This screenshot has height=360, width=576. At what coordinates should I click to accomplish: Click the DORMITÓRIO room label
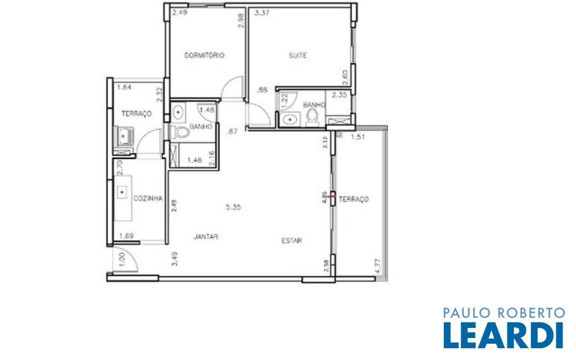(204, 56)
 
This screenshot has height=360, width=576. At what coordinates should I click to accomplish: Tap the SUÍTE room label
(298, 56)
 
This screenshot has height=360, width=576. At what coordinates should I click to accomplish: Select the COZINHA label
(148, 199)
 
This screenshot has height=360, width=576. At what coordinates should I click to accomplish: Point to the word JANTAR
(206, 237)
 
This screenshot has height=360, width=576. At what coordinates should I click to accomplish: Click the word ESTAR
(292, 241)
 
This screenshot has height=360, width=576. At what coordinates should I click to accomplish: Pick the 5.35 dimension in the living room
(233, 207)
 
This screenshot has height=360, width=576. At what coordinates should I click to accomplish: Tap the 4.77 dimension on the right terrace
(378, 266)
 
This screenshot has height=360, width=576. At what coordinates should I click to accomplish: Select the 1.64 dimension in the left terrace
(124, 87)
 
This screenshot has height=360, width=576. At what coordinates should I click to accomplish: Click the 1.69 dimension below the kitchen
(126, 236)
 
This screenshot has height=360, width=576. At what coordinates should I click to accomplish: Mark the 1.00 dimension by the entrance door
(122, 259)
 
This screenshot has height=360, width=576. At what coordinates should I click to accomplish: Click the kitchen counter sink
(122, 192)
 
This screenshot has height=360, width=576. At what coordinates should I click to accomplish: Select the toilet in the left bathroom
(179, 132)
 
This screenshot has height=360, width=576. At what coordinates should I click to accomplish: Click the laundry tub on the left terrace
(124, 136)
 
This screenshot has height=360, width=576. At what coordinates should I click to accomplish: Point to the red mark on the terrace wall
(332, 196)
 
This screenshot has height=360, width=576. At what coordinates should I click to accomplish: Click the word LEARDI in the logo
(503, 335)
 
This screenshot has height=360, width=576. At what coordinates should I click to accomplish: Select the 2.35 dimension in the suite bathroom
(339, 94)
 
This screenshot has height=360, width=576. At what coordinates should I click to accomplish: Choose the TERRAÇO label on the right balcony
(353, 199)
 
